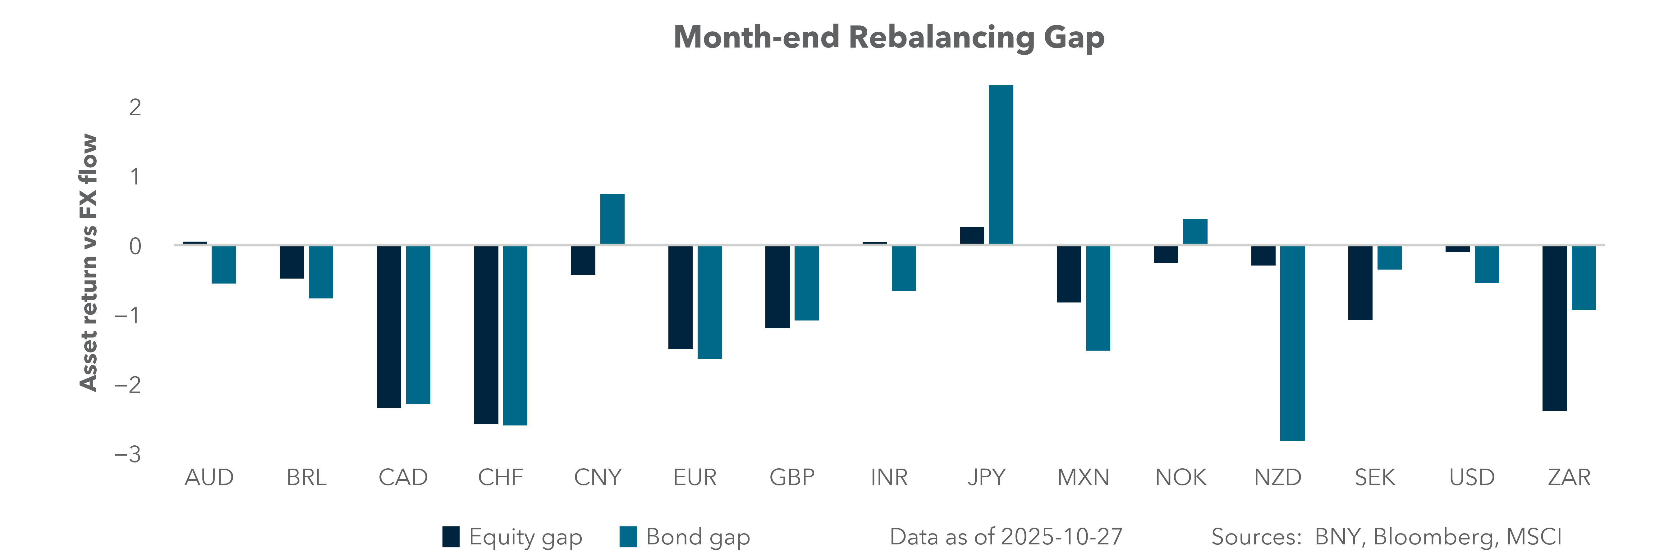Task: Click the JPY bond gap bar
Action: (1001, 165)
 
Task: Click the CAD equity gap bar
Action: (389, 327)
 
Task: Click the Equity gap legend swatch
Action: (451, 537)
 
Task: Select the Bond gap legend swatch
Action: (628, 537)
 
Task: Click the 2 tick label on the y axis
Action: (135, 107)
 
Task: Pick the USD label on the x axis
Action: (1471, 478)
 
